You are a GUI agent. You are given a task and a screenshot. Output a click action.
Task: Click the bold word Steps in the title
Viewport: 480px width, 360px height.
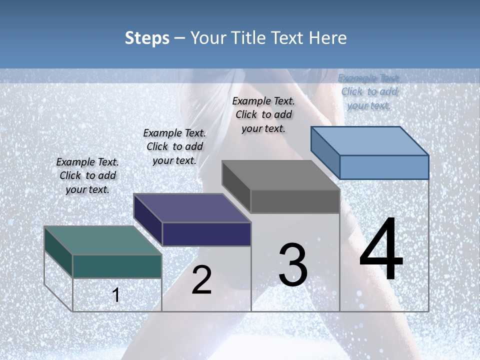(x=147, y=38)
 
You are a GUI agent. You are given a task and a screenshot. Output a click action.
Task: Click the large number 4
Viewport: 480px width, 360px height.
(x=381, y=250)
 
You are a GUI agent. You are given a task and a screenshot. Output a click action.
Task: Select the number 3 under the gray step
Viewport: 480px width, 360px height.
(x=293, y=264)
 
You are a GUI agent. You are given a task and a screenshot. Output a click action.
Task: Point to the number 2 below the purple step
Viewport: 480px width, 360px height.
(x=201, y=280)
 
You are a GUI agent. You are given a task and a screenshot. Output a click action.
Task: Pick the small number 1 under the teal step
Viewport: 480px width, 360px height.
(x=116, y=295)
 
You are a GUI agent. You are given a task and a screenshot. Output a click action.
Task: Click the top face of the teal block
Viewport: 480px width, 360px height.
(x=102, y=240)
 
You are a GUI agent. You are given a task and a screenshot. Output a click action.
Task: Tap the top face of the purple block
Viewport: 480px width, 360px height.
(x=192, y=207)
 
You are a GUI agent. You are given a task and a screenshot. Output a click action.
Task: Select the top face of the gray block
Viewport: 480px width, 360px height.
(x=280, y=175)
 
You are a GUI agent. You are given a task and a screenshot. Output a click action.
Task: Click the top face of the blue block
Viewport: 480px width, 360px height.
(x=370, y=140)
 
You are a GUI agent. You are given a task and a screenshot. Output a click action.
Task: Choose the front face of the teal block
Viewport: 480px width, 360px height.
(x=117, y=266)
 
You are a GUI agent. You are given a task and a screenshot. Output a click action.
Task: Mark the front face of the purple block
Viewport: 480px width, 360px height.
(x=206, y=234)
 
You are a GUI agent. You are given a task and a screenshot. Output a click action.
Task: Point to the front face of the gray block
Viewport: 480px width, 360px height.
(x=295, y=201)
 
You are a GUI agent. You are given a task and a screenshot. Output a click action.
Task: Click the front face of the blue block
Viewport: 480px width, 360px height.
(x=384, y=167)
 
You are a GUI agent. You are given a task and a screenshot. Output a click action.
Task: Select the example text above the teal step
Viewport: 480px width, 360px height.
(x=87, y=176)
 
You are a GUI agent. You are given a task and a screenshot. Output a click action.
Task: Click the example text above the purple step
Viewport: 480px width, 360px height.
(x=174, y=147)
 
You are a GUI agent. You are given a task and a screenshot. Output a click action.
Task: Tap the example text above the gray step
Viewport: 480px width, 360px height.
(x=263, y=114)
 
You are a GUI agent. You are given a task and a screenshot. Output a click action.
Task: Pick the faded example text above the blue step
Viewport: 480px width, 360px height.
(x=369, y=92)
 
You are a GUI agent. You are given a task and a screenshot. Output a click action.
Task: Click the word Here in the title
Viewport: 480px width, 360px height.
(x=328, y=38)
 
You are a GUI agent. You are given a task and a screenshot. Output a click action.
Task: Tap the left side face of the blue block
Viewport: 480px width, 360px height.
(x=325, y=152)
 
